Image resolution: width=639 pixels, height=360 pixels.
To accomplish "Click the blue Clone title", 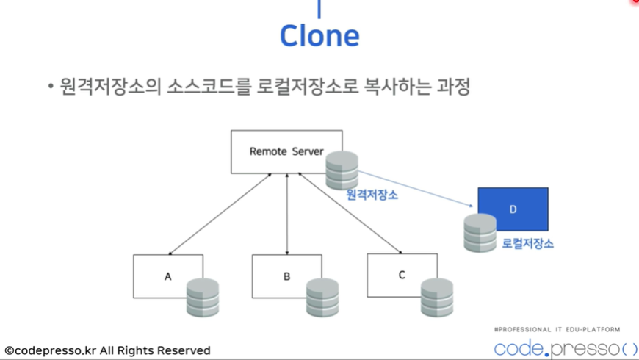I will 319,35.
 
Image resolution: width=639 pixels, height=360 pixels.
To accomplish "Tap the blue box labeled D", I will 513,209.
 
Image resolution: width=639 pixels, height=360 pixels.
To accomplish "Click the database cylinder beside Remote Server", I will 342,170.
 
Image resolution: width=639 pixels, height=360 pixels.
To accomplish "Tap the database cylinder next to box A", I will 203,298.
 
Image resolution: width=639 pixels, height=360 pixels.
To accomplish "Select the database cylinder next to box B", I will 322,298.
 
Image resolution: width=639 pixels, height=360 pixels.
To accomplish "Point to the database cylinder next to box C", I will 437,298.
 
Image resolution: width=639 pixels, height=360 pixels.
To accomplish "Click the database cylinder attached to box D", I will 480,233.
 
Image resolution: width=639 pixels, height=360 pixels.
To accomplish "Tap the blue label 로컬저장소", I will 527,243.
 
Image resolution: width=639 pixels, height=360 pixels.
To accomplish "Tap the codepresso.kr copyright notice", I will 108,350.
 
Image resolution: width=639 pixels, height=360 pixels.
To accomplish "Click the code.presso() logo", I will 566,347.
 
